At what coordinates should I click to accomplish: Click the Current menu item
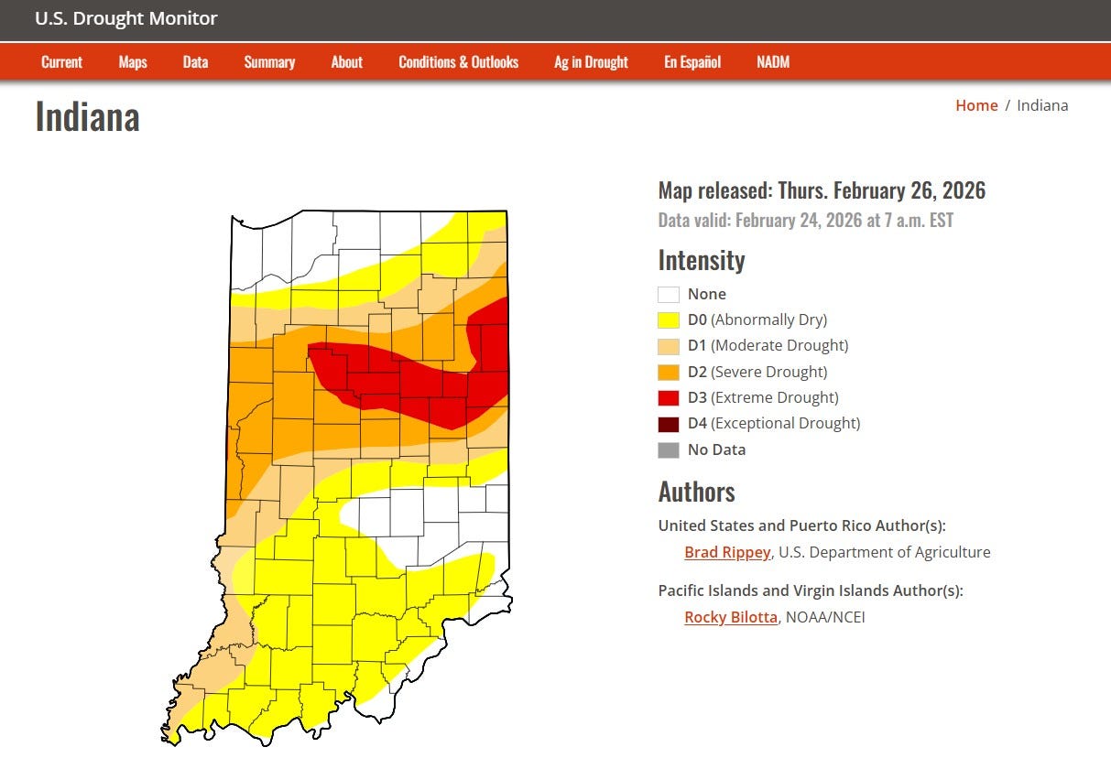[61, 62]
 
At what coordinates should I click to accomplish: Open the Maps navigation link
[133, 62]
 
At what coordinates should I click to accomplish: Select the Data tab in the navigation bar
[195, 62]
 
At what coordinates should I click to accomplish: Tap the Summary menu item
[269, 62]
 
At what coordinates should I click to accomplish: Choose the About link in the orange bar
[346, 62]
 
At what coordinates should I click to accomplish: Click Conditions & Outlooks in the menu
[458, 62]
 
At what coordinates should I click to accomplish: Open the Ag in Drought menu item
[591, 62]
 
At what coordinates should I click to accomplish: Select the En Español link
[692, 62]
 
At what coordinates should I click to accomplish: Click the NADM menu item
[773, 62]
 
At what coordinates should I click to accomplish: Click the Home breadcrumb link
[976, 105]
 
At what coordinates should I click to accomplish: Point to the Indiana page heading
[87, 117]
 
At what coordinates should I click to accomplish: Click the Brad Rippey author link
[727, 552]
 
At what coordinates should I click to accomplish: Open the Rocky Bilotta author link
[730, 617]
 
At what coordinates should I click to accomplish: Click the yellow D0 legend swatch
[669, 320]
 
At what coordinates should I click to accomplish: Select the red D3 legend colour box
[669, 397]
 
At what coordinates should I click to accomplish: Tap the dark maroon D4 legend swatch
[669, 424]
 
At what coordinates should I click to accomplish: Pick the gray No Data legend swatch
[669, 449]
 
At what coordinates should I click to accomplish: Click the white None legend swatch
[669, 295]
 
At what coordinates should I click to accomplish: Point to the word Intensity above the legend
[702, 261]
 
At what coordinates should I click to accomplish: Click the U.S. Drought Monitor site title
[126, 19]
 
